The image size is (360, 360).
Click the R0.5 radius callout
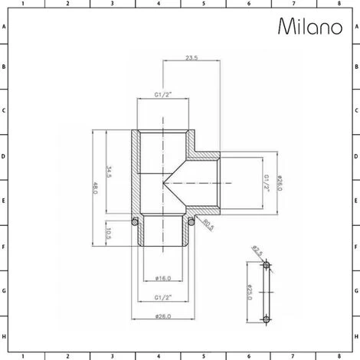pyautogui.click(x=207, y=224)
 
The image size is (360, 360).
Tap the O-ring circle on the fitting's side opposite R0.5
pyautogui.click(x=135, y=223)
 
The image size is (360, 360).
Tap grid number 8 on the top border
pyautogui.click(x=339, y=4)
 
